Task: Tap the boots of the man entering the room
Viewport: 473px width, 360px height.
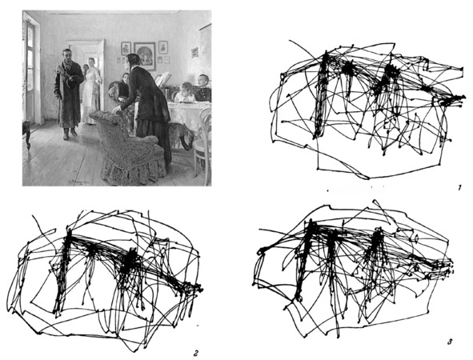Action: tap(70, 134)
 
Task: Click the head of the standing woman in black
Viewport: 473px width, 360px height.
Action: tap(133, 60)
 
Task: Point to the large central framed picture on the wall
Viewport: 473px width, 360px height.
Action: tap(145, 56)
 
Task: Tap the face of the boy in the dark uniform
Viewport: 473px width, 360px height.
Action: tap(203, 81)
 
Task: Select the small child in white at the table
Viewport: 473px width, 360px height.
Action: tap(185, 92)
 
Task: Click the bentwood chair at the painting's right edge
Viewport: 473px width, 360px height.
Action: tap(202, 142)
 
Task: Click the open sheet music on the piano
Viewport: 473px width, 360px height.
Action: tap(163, 79)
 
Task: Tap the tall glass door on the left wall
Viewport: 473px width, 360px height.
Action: tap(30, 71)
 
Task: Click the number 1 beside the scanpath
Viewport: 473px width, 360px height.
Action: tap(459, 188)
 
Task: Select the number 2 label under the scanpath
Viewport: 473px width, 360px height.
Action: tap(196, 353)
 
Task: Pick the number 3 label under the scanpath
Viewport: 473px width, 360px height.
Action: tap(450, 342)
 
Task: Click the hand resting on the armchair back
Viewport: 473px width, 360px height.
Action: tap(116, 110)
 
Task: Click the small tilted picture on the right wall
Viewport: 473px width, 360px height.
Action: tap(194, 52)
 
